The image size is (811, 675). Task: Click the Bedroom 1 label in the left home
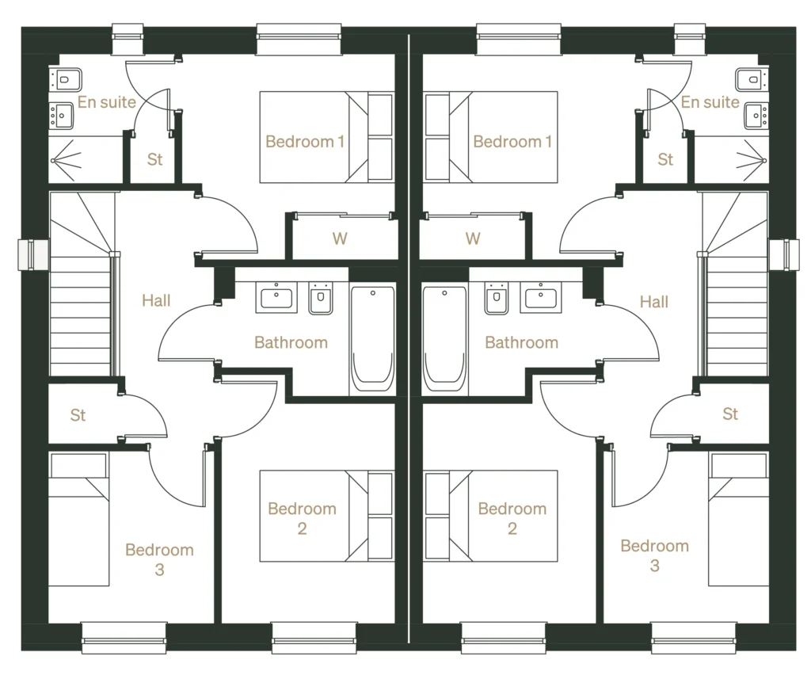305,142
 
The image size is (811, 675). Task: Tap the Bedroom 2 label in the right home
512,518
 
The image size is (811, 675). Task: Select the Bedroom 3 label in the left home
159,559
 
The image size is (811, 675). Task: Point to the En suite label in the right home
710,102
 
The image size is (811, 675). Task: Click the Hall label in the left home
156,300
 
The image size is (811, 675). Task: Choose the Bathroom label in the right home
521,342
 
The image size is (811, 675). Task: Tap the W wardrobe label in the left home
340,238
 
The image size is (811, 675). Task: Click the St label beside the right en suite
665,159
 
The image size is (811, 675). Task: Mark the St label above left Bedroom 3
78,415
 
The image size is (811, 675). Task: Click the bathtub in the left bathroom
372,339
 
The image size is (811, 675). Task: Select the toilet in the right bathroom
497,299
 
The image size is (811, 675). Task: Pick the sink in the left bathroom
276,298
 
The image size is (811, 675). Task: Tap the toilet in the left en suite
66,78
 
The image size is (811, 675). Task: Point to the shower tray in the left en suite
86,159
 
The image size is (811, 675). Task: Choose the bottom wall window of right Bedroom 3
682,636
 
